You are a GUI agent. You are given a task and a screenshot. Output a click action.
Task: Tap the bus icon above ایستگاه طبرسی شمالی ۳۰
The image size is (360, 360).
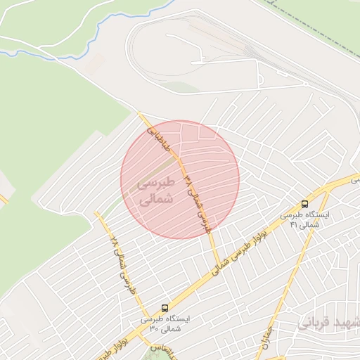[165, 308]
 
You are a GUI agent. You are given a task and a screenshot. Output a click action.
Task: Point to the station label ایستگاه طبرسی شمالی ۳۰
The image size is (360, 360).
[164, 323]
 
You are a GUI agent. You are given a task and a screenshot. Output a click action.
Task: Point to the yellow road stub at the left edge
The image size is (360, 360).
[3, 200]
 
